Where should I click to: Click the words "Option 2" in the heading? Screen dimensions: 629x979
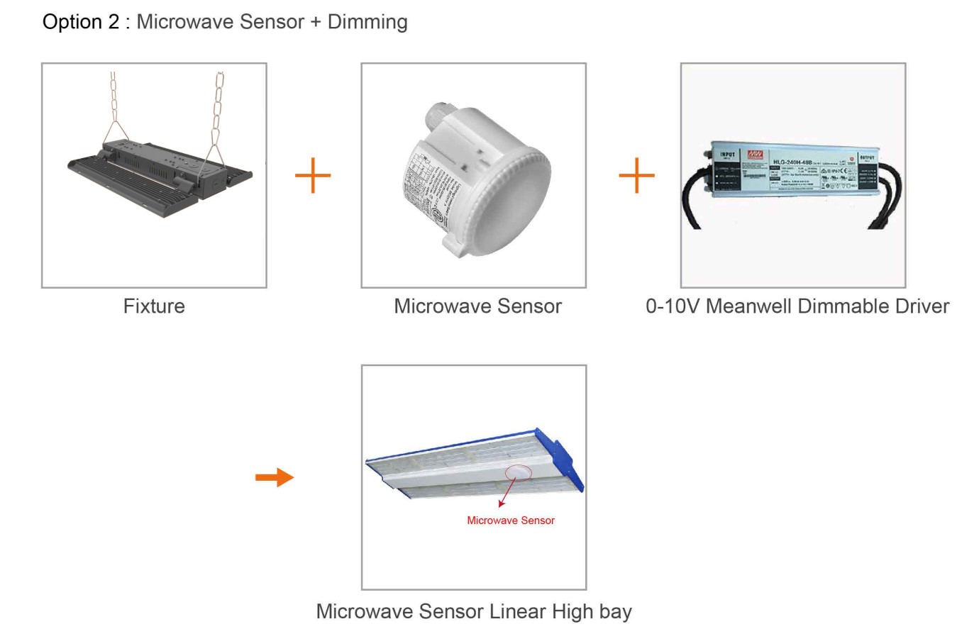pyautogui.click(x=81, y=22)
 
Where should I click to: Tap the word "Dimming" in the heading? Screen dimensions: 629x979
pyautogui.click(x=367, y=22)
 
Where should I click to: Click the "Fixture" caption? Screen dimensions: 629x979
pyautogui.click(x=154, y=306)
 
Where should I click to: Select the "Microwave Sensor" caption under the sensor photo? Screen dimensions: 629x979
pyautogui.click(x=477, y=306)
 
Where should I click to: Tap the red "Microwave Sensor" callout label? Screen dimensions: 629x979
pyautogui.click(x=511, y=521)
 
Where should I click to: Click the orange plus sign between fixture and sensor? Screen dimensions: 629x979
pyautogui.click(x=313, y=175)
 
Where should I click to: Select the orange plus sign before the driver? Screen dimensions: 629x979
pyautogui.click(x=636, y=175)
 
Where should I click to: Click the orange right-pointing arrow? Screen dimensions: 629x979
pyautogui.click(x=275, y=477)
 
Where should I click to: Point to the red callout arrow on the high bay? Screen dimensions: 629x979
pyautogui.click(x=506, y=494)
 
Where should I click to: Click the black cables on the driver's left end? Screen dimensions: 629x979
pyautogui.click(x=694, y=202)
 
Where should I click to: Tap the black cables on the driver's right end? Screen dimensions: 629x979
pyautogui.click(x=887, y=202)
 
